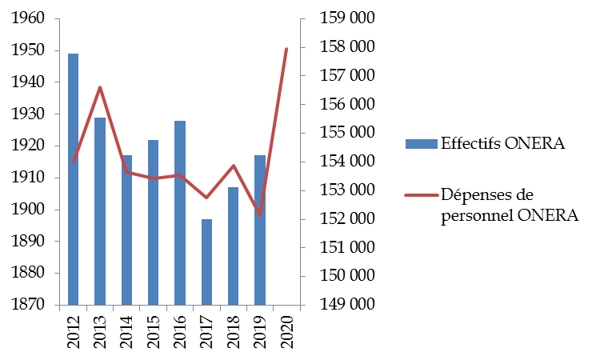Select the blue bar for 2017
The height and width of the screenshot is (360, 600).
pyautogui.click(x=206, y=262)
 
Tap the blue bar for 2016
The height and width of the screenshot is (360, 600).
pyautogui.click(x=180, y=213)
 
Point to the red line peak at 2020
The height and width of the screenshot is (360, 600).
pyautogui.click(x=286, y=49)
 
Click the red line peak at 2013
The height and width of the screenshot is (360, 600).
pyautogui.click(x=100, y=87)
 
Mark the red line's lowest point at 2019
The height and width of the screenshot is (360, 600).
pyautogui.click(x=260, y=215)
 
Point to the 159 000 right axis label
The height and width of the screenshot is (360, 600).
pyautogui.click(x=347, y=18)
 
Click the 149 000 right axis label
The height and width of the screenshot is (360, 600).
pyautogui.click(x=347, y=305)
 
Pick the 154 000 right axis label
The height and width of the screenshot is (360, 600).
pyautogui.click(x=347, y=162)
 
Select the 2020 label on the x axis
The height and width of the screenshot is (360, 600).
pyautogui.click(x=286, y=330)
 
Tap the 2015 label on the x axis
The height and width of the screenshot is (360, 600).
pyautogui.click(x=154, y=330)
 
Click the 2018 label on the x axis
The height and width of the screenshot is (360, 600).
pyautogui.click(x=234, y=330)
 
